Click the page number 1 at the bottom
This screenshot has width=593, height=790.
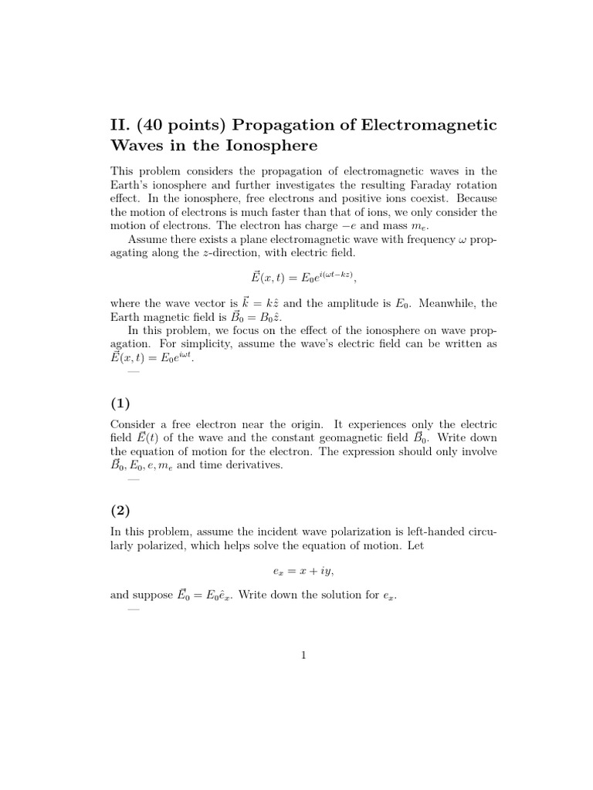coord(303,656)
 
